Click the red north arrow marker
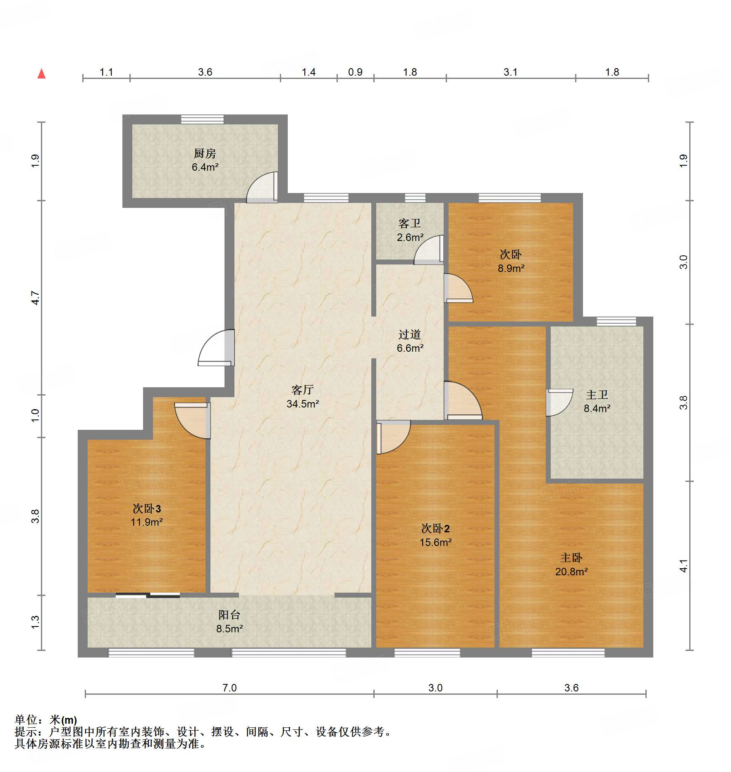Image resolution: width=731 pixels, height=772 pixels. (41, 74)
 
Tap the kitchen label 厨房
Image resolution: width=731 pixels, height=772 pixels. (205, 154)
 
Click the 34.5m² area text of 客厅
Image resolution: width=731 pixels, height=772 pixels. (303, 404)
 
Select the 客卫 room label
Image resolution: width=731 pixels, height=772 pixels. (409, 224)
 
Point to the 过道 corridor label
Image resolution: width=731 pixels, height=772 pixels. (409, 334)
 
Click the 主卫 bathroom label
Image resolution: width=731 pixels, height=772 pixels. (597, 395)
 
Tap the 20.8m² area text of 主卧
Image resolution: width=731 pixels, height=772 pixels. (571, 572)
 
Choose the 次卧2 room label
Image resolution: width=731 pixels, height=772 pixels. (435, 528)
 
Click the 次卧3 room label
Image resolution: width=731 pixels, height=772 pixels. (146, 508)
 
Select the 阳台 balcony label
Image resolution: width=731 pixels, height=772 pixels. (229, 615)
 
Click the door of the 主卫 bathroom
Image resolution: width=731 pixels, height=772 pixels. (558, 402)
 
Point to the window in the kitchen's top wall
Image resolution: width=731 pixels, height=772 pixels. (202, 119)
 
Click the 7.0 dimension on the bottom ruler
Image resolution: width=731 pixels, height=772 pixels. (229, 688)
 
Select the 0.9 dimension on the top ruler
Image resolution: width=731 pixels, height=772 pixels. (355, 72)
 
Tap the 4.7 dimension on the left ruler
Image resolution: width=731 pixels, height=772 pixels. (36, 298)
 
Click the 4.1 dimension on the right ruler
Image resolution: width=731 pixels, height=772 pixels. (683, 566)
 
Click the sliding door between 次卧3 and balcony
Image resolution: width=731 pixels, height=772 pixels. (148, 595)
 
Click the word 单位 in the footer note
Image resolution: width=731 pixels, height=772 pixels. (26, 720)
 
